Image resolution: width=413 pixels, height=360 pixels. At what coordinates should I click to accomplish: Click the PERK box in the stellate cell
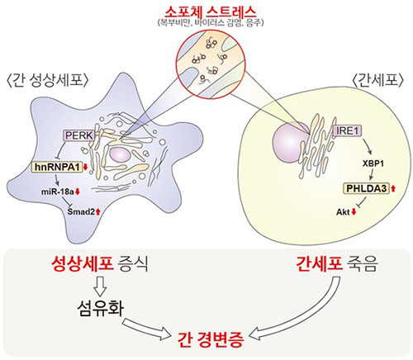click(78, 135)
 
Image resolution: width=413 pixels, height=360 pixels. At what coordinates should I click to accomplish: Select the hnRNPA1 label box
click(57, 167)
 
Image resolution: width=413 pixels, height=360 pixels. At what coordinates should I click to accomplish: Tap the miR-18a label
click(58, 192)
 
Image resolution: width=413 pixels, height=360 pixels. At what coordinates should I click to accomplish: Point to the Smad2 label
click(82, 211)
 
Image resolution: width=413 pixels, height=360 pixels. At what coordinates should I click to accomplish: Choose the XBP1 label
click(373, 163)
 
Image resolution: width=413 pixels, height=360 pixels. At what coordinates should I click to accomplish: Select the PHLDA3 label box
click(366, 188)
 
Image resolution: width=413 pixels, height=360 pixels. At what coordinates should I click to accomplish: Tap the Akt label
click(343, 212)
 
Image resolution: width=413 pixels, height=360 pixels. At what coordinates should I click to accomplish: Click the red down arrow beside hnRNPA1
click(85, 167)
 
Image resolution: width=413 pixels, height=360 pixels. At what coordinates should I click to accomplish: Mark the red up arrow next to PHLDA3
click(393, 188)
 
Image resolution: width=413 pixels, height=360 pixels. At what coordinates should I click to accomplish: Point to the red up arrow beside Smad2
click(98, 211)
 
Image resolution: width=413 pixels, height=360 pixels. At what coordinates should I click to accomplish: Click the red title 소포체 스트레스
click(211, 12)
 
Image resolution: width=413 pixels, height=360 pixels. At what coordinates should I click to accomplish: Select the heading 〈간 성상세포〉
click(48, 81)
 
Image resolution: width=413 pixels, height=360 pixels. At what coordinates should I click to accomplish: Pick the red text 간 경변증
click(211, 340)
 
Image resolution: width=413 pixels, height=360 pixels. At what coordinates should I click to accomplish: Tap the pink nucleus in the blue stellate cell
click(120, 154)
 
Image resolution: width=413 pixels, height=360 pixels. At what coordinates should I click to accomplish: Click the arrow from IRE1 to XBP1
click(368, 146)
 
